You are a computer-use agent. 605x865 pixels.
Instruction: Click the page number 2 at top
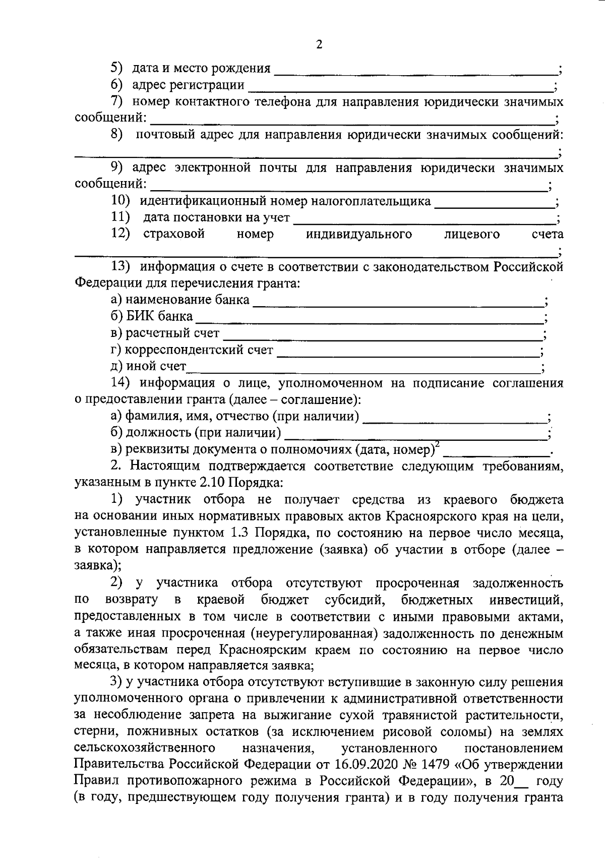pyautogui.click(x=319, y=44)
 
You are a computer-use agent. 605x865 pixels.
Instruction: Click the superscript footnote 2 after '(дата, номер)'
pyautogui.click(x=437, y=444)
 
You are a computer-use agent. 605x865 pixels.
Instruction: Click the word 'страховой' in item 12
pyautogui.click(x=173, y=234)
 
